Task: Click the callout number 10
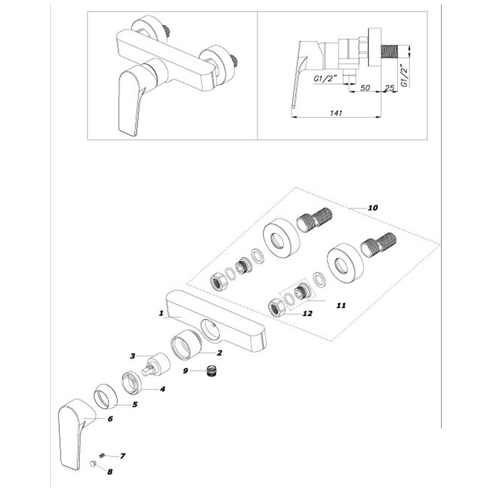tap(373, 208)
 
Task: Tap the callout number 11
tap(341, 305)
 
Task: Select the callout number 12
tap(307, 313)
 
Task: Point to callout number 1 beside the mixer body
tap(161, 313)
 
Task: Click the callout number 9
tap(185, 370)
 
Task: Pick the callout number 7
tap(123, 456)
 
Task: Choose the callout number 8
tap(110, 472)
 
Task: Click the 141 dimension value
tap(336, 113)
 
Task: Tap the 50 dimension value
tap(365, 88)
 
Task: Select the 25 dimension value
tap(389, 88)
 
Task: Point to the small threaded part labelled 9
tap(212, 371)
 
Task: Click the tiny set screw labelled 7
tap(101, 456)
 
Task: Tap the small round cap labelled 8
tap(92, 464)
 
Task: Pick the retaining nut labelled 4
tap(131, 382)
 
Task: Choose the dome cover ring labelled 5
tap(106, 396)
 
